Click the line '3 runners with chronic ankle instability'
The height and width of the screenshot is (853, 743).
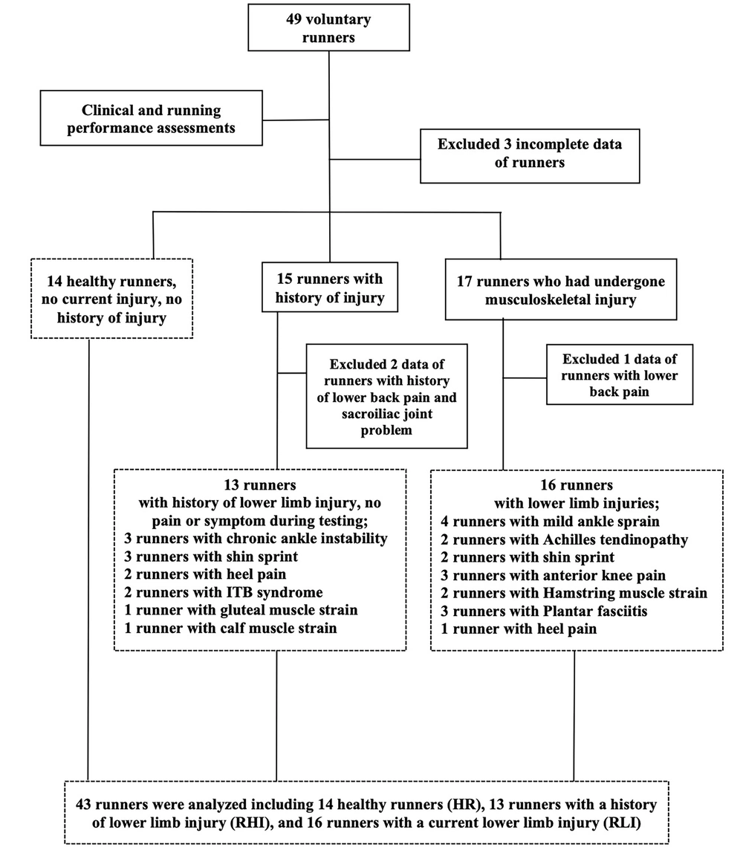pos(256,539)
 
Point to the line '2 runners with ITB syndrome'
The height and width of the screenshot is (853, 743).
pos(224,592)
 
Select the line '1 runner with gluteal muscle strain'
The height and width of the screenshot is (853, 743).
pos(241,610)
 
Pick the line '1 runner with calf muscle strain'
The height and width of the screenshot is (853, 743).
pos(230,628)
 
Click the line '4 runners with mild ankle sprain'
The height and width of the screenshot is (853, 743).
pos(550,521)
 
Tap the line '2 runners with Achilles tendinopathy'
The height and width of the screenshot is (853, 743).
pos(564,539)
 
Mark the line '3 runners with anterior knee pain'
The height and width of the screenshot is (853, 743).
pos(554,575)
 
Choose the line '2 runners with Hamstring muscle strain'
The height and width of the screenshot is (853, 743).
pos(574,593)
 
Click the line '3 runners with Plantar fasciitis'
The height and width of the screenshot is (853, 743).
pos(544,611)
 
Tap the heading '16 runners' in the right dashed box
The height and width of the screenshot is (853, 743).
pos(576,484)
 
